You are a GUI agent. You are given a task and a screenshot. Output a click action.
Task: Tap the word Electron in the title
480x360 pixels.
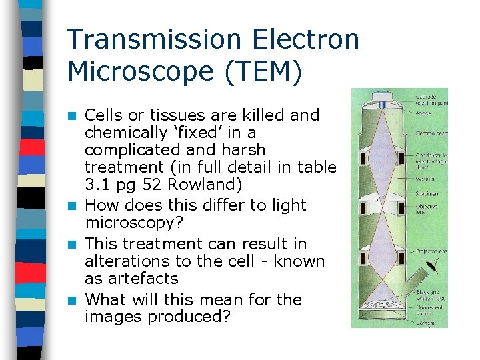tap(313, 40)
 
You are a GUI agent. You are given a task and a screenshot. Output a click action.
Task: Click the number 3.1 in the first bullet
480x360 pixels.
tap(99, 185)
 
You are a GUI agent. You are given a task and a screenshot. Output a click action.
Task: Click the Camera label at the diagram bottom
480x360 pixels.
tap(425, 323)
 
